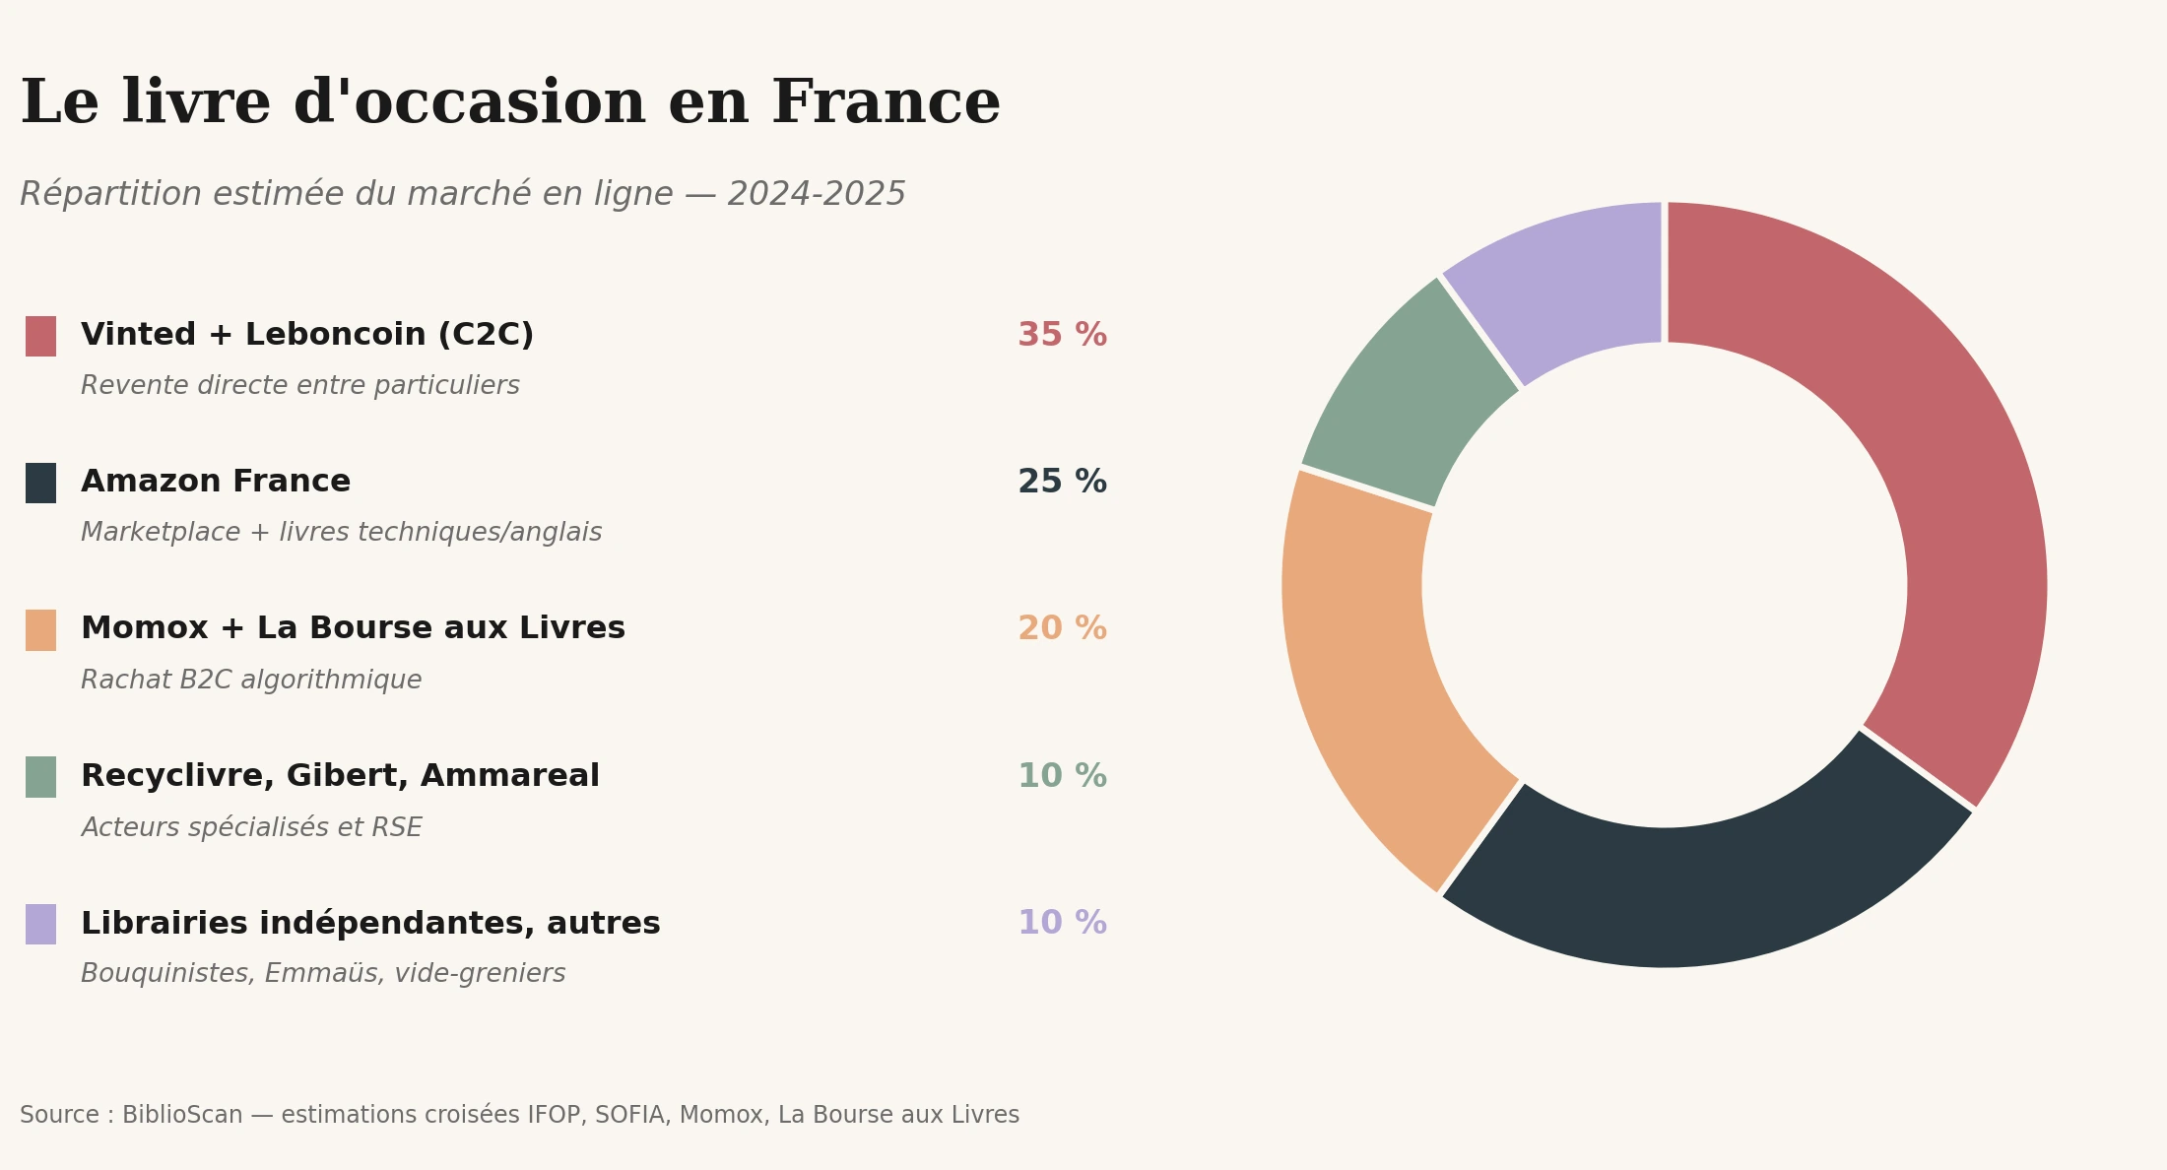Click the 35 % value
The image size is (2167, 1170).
pyautogui.click(x=1062, y=336)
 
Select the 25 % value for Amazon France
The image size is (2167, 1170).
pyautogui.click(x=1062, y=483)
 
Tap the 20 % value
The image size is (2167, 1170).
pyautogui.click(x=1062, y=629)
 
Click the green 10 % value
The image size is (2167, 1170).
pyautogui.click(x=1062, y=777)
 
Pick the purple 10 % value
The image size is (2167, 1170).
pyautogui.click(x=1062, y=924)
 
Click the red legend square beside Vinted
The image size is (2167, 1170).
pyautogui.click(x=40, y=336)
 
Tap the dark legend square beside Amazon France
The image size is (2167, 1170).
pyautogui.click(x=40, y=483)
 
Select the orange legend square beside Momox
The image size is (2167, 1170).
pyautogui.click(x=40, y=630)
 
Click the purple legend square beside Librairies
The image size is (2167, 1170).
pyautogui.click(x=40, y=924)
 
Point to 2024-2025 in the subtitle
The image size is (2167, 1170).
pyautogui.click(x=816, y=195)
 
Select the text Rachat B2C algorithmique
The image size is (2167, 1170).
pyautogui.click(x=251, y=681)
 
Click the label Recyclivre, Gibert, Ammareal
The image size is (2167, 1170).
pyautogui.click(x=340, y=777)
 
